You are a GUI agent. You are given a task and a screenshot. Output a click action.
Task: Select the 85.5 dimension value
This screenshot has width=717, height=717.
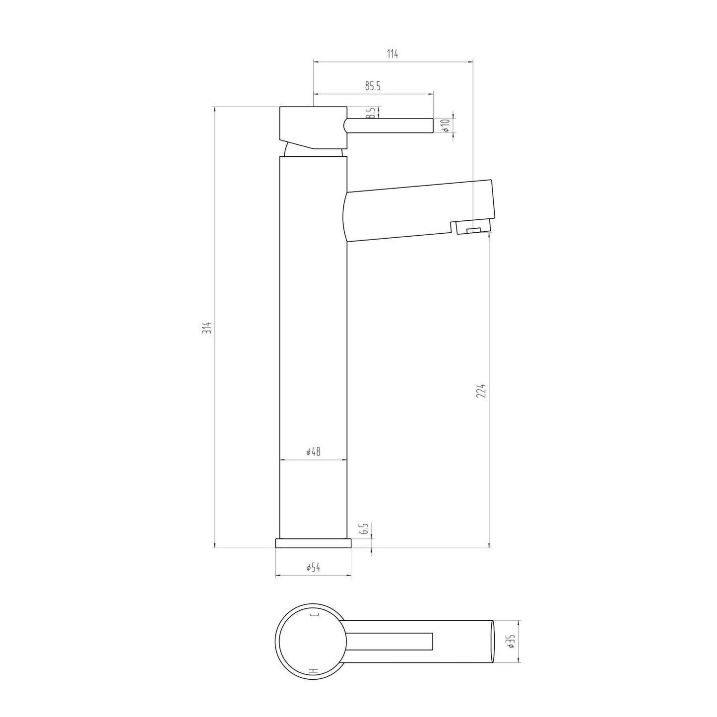(373, 86)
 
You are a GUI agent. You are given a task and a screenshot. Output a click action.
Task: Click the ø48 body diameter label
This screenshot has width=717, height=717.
(313, 452)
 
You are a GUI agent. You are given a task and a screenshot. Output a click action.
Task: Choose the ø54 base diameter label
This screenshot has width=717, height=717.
(313, 568)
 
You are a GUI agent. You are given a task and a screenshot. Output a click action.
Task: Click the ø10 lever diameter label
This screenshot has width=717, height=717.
(446, 125)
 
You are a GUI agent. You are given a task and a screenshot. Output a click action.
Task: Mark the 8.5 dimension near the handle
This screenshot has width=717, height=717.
(371, 113)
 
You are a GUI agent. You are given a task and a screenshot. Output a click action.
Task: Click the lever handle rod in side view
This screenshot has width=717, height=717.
(390, 126)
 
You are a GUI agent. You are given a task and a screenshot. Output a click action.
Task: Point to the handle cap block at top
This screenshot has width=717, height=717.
(313, 125)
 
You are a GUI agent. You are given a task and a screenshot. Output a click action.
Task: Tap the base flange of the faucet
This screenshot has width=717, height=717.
(313, 543)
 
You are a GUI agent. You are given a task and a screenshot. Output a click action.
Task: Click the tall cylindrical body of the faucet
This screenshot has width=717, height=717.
(313, 347)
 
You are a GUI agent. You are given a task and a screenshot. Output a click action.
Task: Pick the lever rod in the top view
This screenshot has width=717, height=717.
(392, 641)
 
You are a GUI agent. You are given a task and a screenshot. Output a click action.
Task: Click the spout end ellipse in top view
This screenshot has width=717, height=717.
(493, 641)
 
